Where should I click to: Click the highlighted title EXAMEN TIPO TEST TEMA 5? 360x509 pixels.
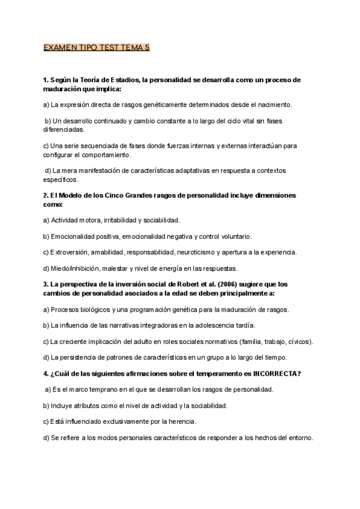96,48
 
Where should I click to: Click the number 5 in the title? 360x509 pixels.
146,48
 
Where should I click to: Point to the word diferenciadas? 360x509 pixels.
64,129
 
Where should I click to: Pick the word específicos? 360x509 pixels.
61,179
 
